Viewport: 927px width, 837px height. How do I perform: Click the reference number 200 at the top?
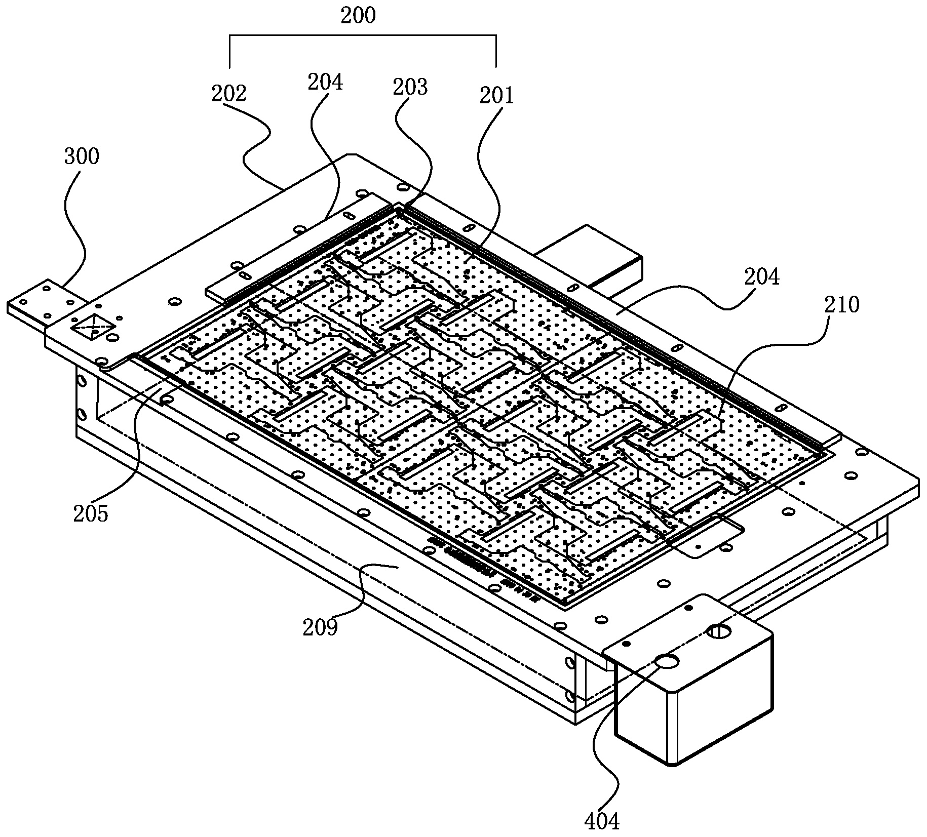tap(358, 16)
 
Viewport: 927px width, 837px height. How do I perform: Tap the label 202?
tap(229, 94)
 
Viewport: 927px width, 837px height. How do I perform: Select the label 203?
tap(410, 87)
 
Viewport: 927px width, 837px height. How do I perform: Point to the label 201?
tap(497, 96)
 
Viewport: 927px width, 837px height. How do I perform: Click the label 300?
tap(82, 156)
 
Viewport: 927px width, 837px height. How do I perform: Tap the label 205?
tap(91, 514)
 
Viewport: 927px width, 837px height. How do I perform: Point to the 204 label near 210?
tap(762, 277)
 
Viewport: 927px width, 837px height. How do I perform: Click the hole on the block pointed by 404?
tap(667, 661)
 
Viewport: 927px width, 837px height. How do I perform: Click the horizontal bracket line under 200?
tap(362, 35)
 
